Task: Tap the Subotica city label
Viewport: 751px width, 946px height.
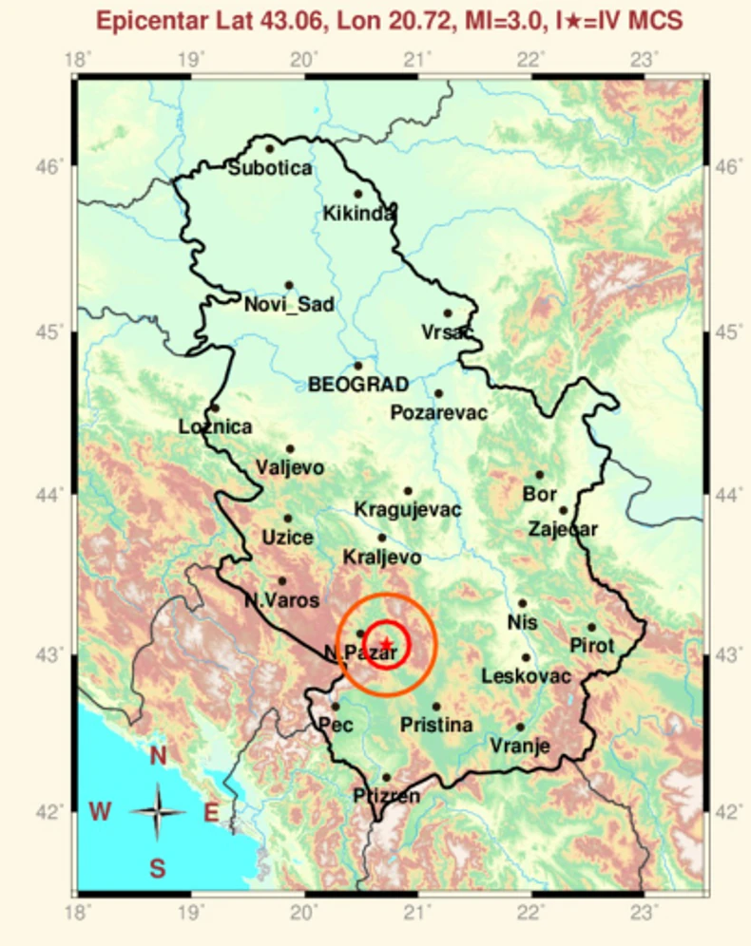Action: click(x=270, y=168)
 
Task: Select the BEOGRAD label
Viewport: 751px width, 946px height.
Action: click(x=358, y=385)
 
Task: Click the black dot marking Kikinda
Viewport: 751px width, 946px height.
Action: click(x=358, y=194)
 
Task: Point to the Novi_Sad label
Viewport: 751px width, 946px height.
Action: click(x=289, y=305)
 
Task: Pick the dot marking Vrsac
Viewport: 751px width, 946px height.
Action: click(x=448, y=312)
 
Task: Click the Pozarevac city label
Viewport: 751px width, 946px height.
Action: click(x=439, y=413)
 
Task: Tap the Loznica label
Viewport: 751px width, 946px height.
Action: click(x=216, y=427)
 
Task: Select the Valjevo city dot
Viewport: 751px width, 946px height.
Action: click(x=290, y=448)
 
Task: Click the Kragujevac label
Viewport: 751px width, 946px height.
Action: click(x=408, y=510)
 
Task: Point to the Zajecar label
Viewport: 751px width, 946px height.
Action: click(x=563, y=530)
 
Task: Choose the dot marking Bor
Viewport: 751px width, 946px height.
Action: click(x=540, y=474)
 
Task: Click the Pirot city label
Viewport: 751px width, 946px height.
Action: click(x=591, y=646)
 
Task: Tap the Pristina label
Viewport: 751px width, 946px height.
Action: click(x=436, y=726)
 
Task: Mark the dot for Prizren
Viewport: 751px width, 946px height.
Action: click(x=386, y=777)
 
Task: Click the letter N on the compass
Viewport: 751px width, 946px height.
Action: click(x=158, y=756)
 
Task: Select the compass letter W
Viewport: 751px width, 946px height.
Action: click(x=101, y=812)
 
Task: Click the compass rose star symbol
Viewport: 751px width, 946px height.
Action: click(x=158, y=812)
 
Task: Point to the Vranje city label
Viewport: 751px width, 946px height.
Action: click(x=520, y=747)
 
